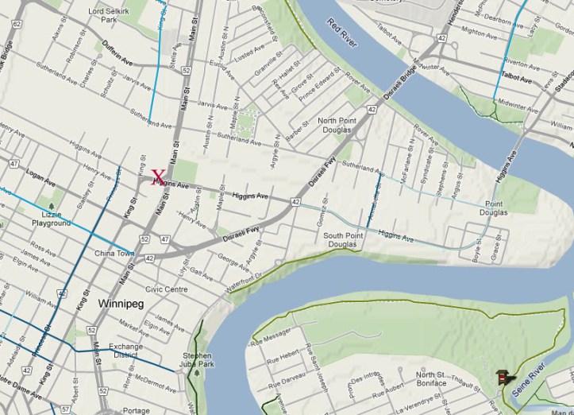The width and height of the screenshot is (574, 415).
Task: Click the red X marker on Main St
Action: tap(158, 177)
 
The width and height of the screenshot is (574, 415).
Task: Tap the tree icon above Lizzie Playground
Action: tap(52, 205)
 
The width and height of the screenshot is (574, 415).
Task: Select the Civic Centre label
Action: tap(166, 289)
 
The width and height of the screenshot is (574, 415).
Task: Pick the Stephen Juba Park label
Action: tap(197, 360)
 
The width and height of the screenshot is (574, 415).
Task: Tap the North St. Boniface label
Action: tap(430, 379)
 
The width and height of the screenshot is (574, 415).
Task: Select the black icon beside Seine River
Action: tap(503, 376)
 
